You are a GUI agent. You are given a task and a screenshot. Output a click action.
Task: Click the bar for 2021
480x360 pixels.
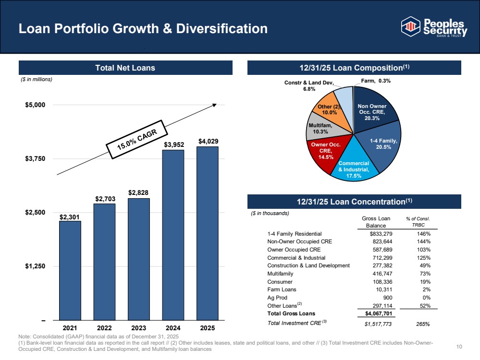[x=70, y=270]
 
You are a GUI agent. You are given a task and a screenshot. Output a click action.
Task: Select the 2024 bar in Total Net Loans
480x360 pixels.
[x=173, y=235]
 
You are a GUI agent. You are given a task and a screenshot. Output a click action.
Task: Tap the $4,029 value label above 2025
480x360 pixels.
[x=209, y=141]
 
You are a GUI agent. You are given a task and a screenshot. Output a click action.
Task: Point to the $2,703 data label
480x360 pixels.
[x=105, y=199]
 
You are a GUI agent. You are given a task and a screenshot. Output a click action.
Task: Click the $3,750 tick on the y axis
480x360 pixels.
[x=35, y=159]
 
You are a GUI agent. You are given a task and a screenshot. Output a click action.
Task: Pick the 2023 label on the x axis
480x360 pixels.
[x=139, y=328]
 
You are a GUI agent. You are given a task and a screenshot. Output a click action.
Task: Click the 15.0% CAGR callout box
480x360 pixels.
[x=137, y=140]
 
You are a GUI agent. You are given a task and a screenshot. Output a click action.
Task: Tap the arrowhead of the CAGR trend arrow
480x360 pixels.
[x=215, y=105]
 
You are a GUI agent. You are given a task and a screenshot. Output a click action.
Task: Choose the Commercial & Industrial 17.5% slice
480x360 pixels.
[x=354, y=165]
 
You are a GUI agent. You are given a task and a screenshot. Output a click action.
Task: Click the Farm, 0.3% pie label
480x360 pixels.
[x=376, y=81]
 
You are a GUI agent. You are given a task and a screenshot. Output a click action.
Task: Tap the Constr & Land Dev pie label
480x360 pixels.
[x=309, y=85]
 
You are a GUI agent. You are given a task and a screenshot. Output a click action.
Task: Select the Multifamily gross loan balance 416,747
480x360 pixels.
[x=382, y=274]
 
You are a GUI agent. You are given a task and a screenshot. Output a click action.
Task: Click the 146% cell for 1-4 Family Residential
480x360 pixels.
[x=424, y=234]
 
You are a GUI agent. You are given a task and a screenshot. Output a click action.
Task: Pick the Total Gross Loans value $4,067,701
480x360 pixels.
[x=379, y=313]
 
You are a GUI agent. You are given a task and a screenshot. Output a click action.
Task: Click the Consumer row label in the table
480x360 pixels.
[x=280, y=282]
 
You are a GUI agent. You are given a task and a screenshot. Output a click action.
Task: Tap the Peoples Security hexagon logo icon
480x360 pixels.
[x=410, y=26]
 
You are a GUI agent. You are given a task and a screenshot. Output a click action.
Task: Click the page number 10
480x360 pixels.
[x=459, y=347]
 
